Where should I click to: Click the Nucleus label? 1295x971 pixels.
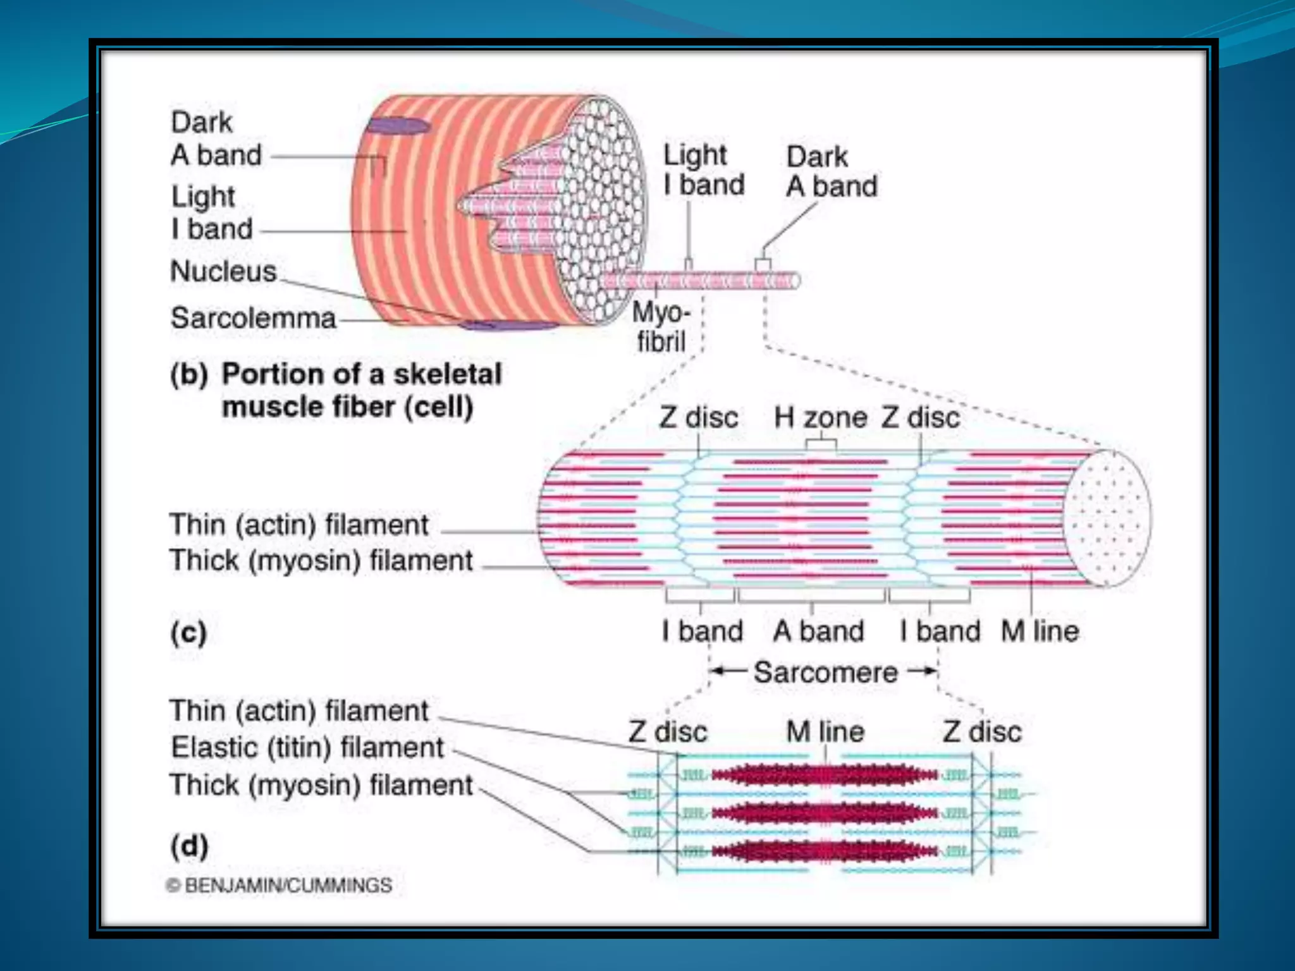pos(223,272)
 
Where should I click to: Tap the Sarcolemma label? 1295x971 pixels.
pos(253,318)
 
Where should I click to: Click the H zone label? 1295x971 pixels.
pos(820,418)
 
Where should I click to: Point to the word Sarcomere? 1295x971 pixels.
pos(825,673)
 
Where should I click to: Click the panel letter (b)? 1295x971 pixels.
pos(188,375)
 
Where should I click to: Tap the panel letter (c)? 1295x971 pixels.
pos(188,632)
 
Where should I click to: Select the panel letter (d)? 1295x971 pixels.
pos(189,846)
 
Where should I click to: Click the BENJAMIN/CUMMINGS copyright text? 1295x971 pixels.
pos(279,886)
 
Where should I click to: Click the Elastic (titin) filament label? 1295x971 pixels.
pos(307,748)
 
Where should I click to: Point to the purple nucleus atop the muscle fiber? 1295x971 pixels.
pos(398,125)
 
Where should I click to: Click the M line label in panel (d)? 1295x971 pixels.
pos(825,732)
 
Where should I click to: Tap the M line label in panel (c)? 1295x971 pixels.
pos(1040,632)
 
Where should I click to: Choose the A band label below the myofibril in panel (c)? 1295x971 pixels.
pos(818,632)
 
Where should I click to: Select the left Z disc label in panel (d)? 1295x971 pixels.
pos(668,732)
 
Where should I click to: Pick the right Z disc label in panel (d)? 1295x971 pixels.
pos(981,732)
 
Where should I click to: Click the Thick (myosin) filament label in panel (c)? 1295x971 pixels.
pos(321,561)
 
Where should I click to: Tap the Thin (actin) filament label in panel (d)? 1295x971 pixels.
pos(299,711)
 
